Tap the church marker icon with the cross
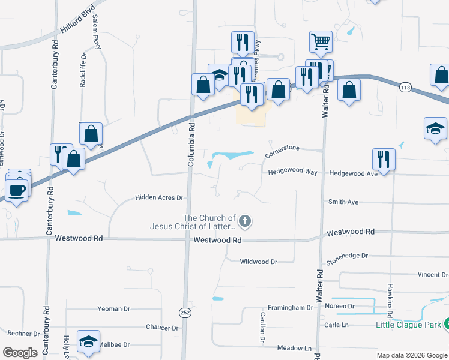(x=244, y=222)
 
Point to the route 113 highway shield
(x=406, y=88)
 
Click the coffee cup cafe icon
(x=17, y=190)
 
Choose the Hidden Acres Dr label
(x=158, y=197)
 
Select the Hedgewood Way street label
(x=292, y=172)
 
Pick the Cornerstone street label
(x=282, y=155)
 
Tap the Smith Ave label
(x=343, y=202)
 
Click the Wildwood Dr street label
(x=258, y=262)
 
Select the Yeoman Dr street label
(x=113, y=308)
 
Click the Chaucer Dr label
(x=162, y=328)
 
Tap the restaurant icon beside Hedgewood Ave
(x=384, y=160)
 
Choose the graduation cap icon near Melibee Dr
(x=88, y=341)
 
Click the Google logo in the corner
(x=20, y=353)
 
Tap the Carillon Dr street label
(x=262, y=326)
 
